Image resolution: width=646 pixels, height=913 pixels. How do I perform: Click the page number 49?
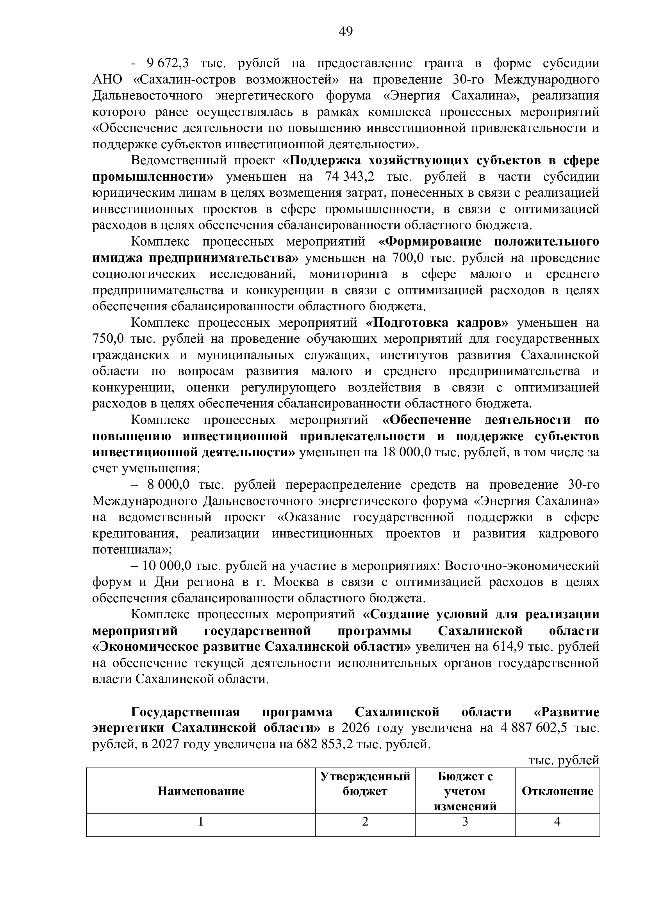tap(346, 31)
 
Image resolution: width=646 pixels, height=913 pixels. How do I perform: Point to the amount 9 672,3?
tap(168, 63)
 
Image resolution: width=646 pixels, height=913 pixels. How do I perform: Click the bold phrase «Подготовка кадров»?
tap(437, 322)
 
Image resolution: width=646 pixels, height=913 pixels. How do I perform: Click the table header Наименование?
tap(201, 791)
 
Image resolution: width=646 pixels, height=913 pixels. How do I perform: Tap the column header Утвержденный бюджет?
tap(365, 784)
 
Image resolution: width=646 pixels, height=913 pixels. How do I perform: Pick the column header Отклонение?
tap(557, 791)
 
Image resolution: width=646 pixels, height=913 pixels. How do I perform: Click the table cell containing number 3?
tap(465, 821)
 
